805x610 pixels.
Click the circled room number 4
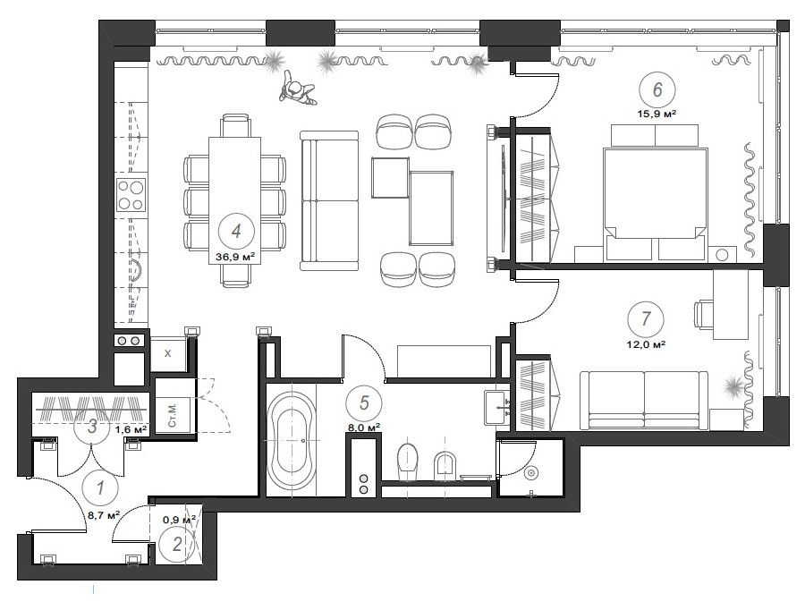[235, 231]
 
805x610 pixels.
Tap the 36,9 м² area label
[235, 257]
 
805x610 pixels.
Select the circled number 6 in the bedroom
[657, 89]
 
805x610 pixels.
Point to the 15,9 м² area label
[657, 114]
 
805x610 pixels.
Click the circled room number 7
[646, 318]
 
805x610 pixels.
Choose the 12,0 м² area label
[646, 344]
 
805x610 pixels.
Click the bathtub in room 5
[291, 441]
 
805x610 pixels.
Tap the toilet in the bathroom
[409, 459]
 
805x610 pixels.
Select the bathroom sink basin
[497, 407]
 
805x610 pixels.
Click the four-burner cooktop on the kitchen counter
[131, 195]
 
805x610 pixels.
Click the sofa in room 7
[644, 401]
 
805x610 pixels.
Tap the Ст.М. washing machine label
[172, 415]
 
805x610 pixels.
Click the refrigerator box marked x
[168, 353]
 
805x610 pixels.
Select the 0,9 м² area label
[179, 520]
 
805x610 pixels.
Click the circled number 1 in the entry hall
[100, 487]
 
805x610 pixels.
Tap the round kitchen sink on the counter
[136, 270]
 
